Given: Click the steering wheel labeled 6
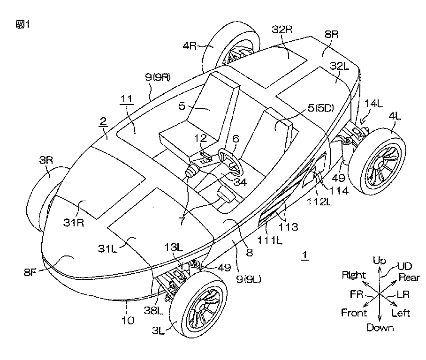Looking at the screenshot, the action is tap(223, 152).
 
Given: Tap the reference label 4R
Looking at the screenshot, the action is tap(190, 45).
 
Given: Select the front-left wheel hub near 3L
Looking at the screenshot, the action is tap(202, 307).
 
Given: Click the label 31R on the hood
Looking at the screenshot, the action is tap(74, 223).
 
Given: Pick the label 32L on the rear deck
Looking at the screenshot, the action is tap(339, 66).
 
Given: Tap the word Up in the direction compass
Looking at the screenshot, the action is tap(379, 261).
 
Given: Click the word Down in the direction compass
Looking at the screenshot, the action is tap(380, 327).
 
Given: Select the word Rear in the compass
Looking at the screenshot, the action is tap(409, 277).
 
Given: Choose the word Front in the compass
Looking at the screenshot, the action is tap(354, 313).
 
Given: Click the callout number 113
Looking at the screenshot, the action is tap(289, 227).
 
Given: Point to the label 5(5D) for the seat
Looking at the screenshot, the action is tap(320, 108).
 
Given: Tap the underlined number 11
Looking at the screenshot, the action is tap(126, 98).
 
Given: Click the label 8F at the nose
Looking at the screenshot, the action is tap(30, 272).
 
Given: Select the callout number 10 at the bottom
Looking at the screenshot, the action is tap(128, 321).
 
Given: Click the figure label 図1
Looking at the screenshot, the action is tap(23, 25).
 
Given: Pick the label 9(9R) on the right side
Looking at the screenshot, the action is tap(158, 77).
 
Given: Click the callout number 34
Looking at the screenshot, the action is tap(240, 182).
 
